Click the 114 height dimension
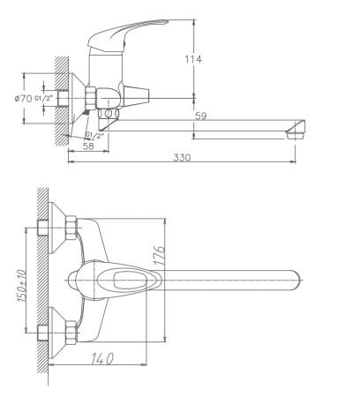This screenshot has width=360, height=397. tap(193, 59)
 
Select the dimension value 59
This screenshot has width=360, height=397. tap(201, 115)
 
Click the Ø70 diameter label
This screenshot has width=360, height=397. tap(22, 98)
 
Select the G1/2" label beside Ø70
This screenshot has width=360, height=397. tap(45, 98)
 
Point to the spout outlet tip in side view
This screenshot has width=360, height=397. tap(296, 134)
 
